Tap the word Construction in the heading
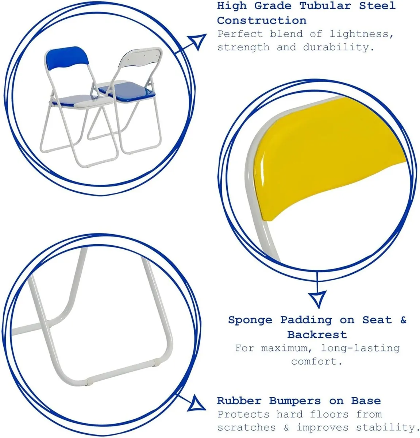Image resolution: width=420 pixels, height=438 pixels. [x=262, y=20]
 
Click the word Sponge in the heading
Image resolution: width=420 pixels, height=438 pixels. [x=250, y=320]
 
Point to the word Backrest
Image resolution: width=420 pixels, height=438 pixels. [x=317, y=334]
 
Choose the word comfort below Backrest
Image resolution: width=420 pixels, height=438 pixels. [x=316, y=361]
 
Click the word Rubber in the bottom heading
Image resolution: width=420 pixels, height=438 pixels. [x=239, y=400]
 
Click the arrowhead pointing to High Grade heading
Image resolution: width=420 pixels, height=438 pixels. [x=197, y=42]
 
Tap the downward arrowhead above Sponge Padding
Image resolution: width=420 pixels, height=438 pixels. [x=317, y=299]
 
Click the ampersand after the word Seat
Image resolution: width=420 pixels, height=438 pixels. [x=403, y=320]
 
